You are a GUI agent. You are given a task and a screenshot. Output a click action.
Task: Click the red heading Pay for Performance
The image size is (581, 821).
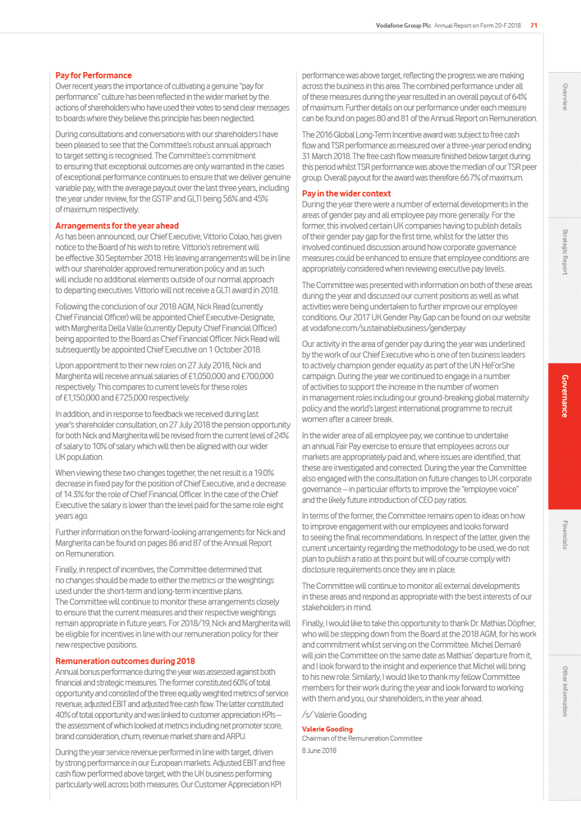click(93, 75)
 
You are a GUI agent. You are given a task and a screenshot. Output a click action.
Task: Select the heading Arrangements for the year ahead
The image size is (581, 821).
click(117, 226)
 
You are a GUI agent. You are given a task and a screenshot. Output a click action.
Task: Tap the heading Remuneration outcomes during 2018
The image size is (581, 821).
click(125, 661)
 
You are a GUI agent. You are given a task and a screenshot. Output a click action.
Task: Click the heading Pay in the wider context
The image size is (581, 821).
click(346, 194)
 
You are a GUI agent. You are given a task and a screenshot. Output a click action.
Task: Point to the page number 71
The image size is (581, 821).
click(534, 25)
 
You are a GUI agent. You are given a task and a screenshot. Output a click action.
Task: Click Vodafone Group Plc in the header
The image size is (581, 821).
click(403, 25)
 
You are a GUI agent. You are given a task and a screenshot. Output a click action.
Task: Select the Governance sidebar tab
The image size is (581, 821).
click(564, 396)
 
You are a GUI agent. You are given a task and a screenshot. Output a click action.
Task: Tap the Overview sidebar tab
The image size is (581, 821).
click(565, 97)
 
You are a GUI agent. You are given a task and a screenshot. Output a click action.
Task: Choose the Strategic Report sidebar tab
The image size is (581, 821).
click(565, 252)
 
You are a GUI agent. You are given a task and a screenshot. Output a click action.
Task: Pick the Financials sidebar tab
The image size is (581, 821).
click(565, 535)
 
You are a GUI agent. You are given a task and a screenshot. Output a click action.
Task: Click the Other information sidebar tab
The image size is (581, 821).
click(565, 691)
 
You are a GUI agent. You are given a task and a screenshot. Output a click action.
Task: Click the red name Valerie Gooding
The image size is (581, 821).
click(327, 729)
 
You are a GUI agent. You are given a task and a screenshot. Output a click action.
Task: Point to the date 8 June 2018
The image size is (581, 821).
click(319, 750)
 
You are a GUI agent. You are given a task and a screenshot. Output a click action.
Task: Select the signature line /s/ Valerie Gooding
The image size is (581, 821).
click(334, 714)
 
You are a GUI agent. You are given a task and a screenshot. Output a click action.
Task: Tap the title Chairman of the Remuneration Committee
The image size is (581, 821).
click(362, 738)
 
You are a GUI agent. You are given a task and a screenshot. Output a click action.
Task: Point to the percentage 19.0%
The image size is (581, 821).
click(264, 473)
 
